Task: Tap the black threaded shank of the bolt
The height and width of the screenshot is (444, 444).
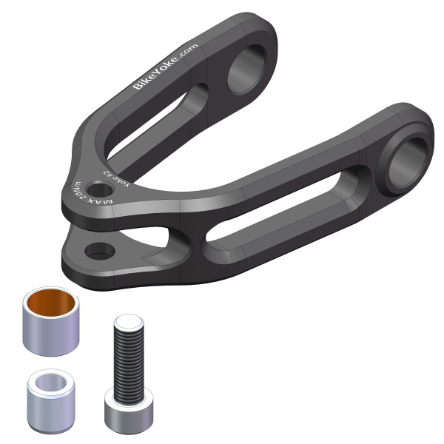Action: [x=127, y=363]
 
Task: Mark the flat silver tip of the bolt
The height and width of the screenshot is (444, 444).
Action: [x=127, y=322]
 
